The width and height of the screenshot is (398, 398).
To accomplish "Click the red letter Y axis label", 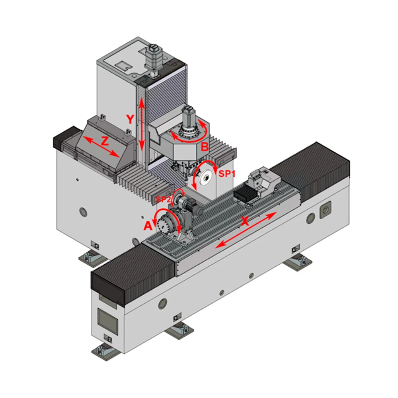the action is pyautogui.click(x=130, y=119).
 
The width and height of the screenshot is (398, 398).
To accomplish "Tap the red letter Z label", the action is pyautogui.click(x=105, y=141).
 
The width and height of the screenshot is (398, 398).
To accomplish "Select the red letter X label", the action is pyautogui.click(x=245, y=221).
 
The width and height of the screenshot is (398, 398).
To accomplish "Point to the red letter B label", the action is pyautogui.click(x=205, y=147).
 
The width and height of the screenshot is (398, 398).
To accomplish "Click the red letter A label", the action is pyautogui.click(x=148, y=225).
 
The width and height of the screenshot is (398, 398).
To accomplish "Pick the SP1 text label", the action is pyautogui.click(x=227, y=174).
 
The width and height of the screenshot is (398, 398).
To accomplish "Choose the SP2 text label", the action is pyautogui.click(x=163, y=199).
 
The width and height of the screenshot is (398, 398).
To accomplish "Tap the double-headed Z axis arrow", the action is pyautogui.click(x=101, y=146).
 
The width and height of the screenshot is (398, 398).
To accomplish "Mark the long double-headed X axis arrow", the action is pyautogui.click(x=246, y=230).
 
